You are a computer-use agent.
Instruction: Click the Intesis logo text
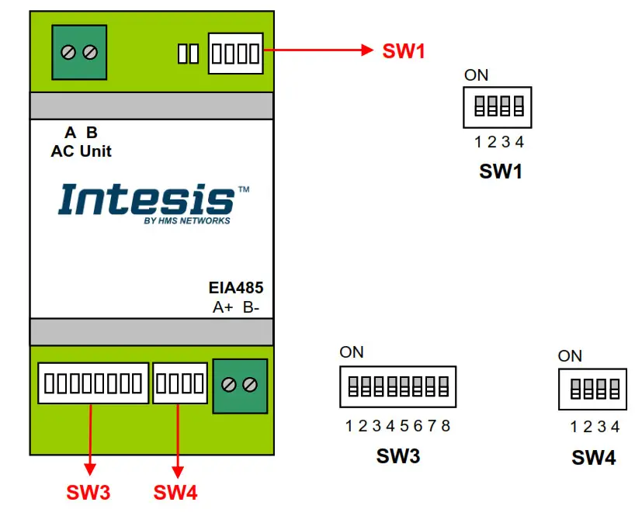pyautogui.click(x=147, y=199)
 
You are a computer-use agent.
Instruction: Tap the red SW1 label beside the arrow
pyautogui.click(x=404, y=51)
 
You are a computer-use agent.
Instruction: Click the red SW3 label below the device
pyautogui.click(x=88, y=492)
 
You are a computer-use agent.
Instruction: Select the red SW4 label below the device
pyautogui.click(x=175, y=492)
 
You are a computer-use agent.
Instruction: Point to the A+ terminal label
pyautogui.click(x=223, y=307)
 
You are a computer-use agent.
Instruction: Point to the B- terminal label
pyautogui.click(x=251, y=307)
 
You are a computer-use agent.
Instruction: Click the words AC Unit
pyautogui.click(x=81, y=151)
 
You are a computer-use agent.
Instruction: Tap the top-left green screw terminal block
pyautogui.click(x=79, y=53)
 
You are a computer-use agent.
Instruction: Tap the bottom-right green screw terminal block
pyautogui.click(x=240, y=384)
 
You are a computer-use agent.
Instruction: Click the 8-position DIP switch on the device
pyautogui.click(x=93, y=383)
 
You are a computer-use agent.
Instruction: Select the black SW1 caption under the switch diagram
pyautogui.click(x=501, y=172)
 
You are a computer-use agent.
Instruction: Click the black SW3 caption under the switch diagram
pyautogui.click(x=398, y=456)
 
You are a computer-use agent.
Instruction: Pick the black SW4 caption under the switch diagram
pyautogui.click(x=594, y=458)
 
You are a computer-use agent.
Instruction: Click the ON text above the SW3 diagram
pyautogui.click(x=351, y=352)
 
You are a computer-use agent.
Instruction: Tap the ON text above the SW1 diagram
pyautogui.click(x=476, y=75)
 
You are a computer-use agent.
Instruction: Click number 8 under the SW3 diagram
pyautogui.click(x=446, y=426)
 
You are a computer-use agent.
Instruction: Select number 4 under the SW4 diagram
pyautogui.click(x=615, y=427)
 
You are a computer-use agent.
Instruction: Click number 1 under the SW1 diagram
pyautogui.click(x=479, y=142)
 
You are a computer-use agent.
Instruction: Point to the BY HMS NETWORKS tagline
pyautogui.click(x=187, y=220)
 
